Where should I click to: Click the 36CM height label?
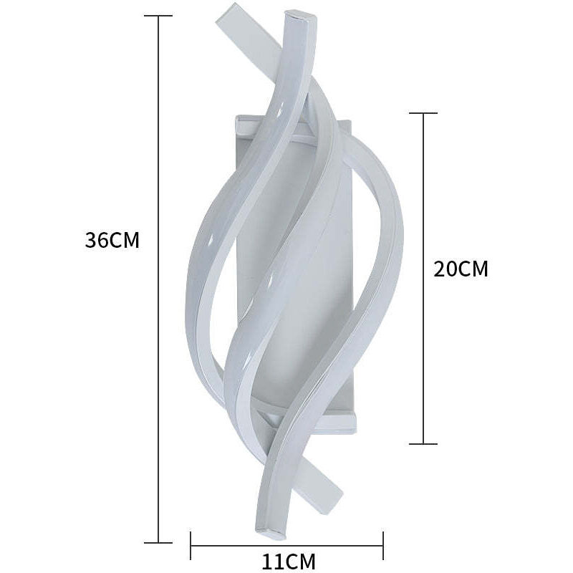coord(112,240)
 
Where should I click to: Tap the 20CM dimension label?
coord(461,269)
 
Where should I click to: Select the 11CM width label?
coord(288,561)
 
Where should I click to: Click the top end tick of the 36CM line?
coord(159,16)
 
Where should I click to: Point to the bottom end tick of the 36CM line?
coord(159,542)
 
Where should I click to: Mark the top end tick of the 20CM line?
coord(423,113)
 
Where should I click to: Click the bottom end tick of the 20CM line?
coord(423,444)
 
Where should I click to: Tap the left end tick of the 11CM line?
coord(191,545)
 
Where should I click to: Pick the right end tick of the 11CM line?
coord(383,545)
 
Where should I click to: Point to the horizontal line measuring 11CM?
coord(286,545)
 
